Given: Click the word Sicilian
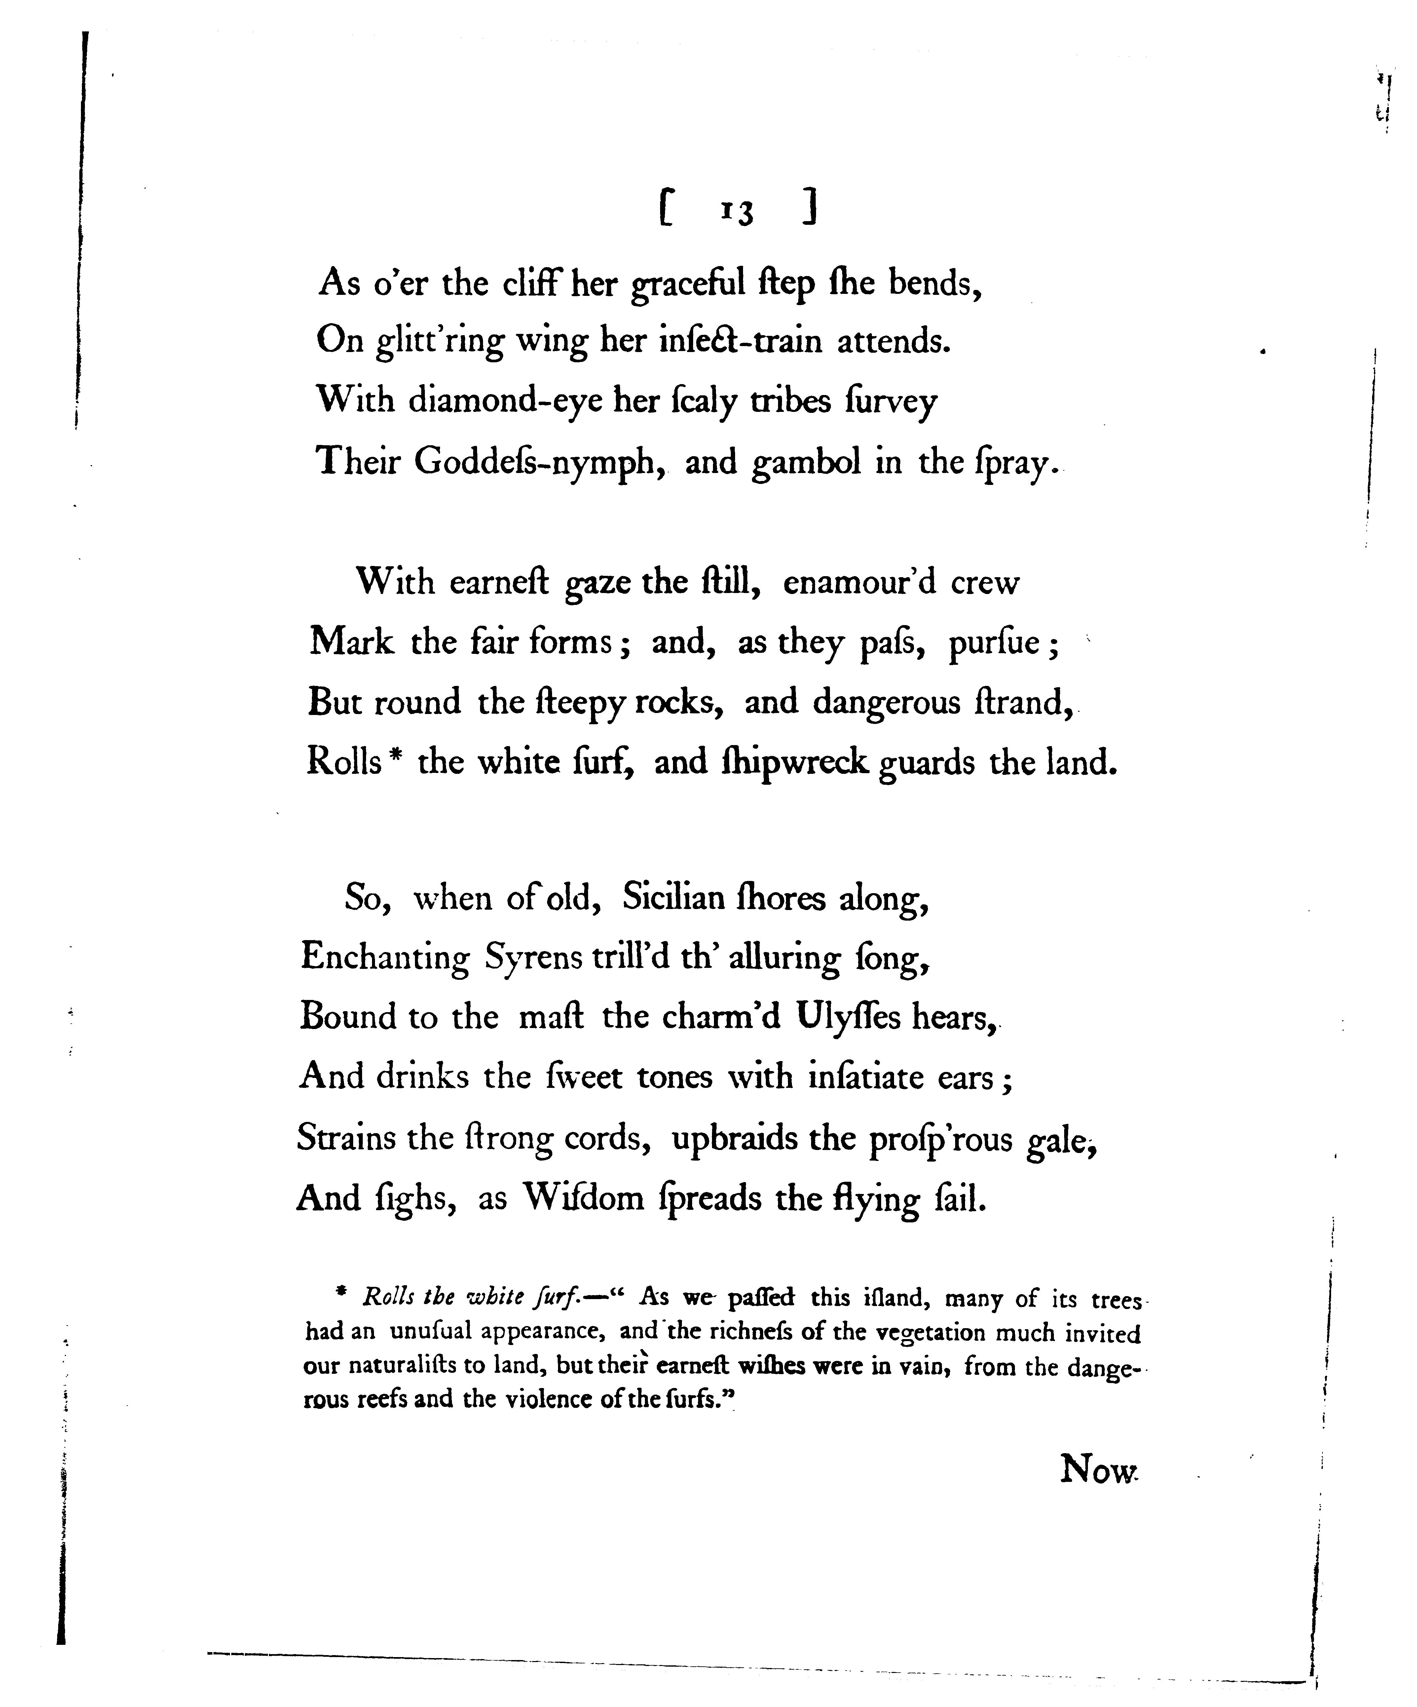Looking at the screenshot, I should point(674,897).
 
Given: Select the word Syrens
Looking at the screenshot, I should point(533,958).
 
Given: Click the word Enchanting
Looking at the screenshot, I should point(385,958).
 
